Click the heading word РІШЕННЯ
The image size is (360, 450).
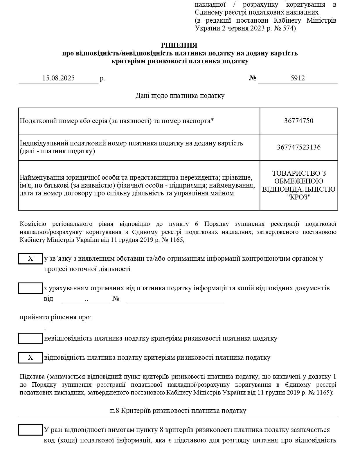(179, 45)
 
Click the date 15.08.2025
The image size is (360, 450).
(58, 78)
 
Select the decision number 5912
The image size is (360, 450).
(298, 78)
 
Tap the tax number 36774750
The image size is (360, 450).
(298, 121)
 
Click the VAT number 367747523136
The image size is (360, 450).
(298, 147)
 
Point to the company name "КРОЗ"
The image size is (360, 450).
(298, 197)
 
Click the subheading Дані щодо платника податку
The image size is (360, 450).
(180, 96)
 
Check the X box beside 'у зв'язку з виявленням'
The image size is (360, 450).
(30, 259)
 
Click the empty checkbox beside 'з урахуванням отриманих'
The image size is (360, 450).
(30, 288)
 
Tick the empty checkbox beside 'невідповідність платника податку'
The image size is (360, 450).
(30, 339)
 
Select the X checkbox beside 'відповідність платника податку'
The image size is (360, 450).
(30, 358)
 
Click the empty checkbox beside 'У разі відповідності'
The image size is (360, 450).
(30, 430)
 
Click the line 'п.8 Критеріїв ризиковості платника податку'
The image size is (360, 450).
(178, 411)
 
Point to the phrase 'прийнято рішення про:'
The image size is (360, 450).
(55, 317)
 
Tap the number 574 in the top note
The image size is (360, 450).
(289, 28)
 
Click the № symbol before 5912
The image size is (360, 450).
(253, 78)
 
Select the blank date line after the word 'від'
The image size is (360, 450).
(87, 299)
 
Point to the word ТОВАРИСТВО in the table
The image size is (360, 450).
(298, 173)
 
